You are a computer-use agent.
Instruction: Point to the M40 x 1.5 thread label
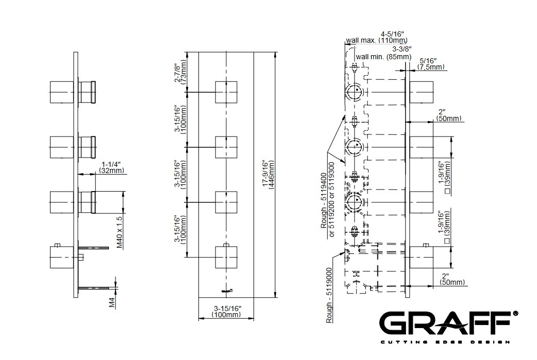coord(119,231)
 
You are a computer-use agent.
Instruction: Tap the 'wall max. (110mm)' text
coord(376,40)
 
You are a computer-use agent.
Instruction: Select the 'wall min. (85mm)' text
coord(383,57)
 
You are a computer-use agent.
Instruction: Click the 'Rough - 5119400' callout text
coord(324,200)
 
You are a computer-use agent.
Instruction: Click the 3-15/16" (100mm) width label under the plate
coord(227,311)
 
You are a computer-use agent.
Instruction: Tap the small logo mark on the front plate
coord(227,292)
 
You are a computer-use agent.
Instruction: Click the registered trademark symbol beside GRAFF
coord(515,314)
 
